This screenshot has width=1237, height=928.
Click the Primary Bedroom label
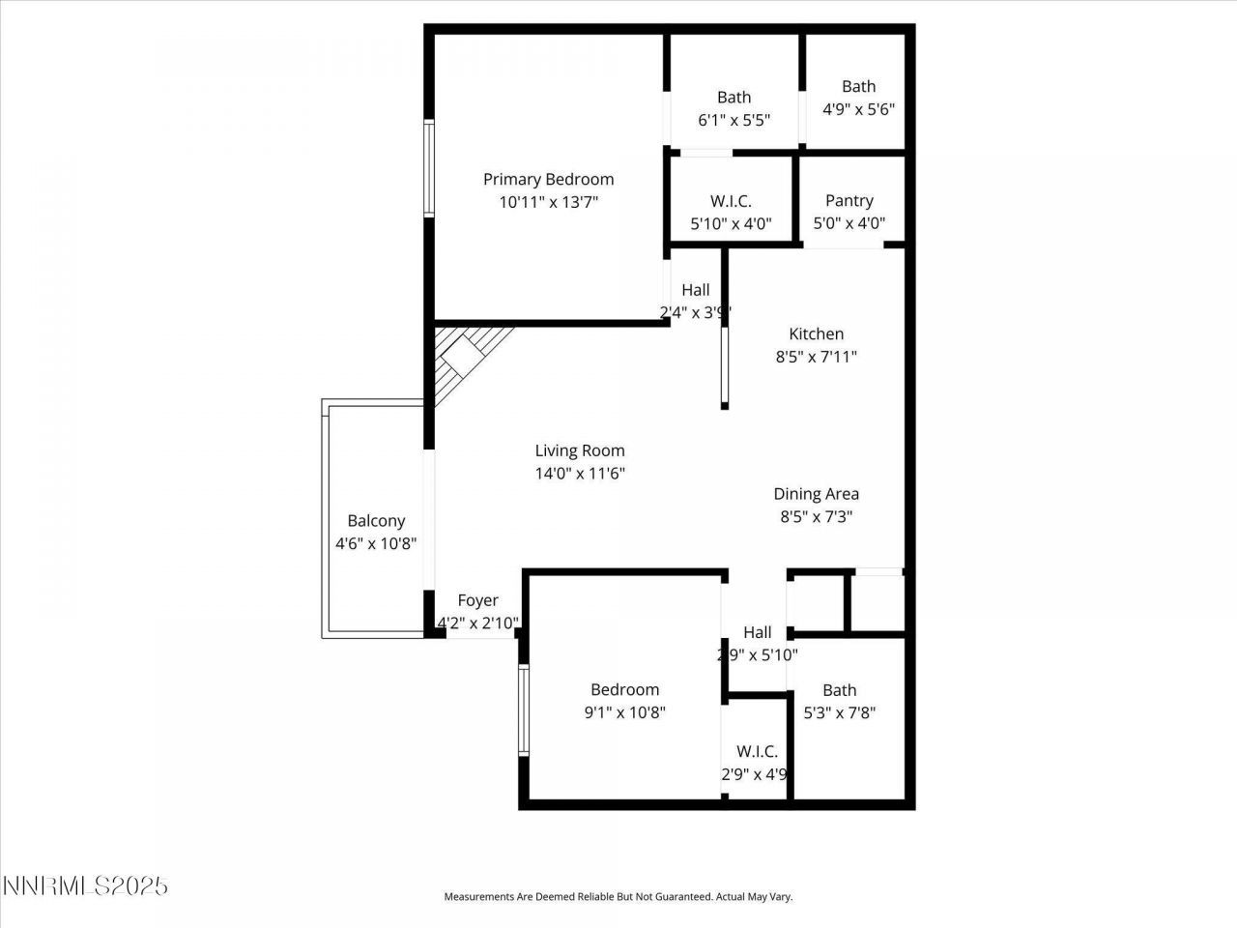[x=548, y=179]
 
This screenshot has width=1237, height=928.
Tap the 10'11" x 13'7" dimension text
[x=548, y=202]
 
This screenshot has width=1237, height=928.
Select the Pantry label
[x=849, y=200]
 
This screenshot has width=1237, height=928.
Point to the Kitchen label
[x=816, y=333]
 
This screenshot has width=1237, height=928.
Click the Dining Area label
[x=816, y=494]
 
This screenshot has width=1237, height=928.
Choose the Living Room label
[x=580, y=450]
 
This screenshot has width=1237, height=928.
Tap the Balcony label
[x=376, y=521]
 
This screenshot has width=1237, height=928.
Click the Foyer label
[x=477, y=600]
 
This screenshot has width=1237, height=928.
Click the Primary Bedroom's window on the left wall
[x=428, y=167]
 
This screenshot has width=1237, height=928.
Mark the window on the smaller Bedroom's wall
[x=523, y=710]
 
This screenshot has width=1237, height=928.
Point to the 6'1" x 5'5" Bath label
[x=734, y=97]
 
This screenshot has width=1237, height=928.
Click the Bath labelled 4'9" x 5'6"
[x=858, y=86]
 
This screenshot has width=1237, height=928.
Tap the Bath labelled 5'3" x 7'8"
[x=839, y=690]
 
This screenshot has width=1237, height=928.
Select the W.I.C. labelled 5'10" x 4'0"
[x=731, y=201]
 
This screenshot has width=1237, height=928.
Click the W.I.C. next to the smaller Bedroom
[x=757, y=751]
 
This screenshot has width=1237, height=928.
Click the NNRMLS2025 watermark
[x=85, y=885]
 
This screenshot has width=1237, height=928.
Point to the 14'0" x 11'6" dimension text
[x=580, y=474]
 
